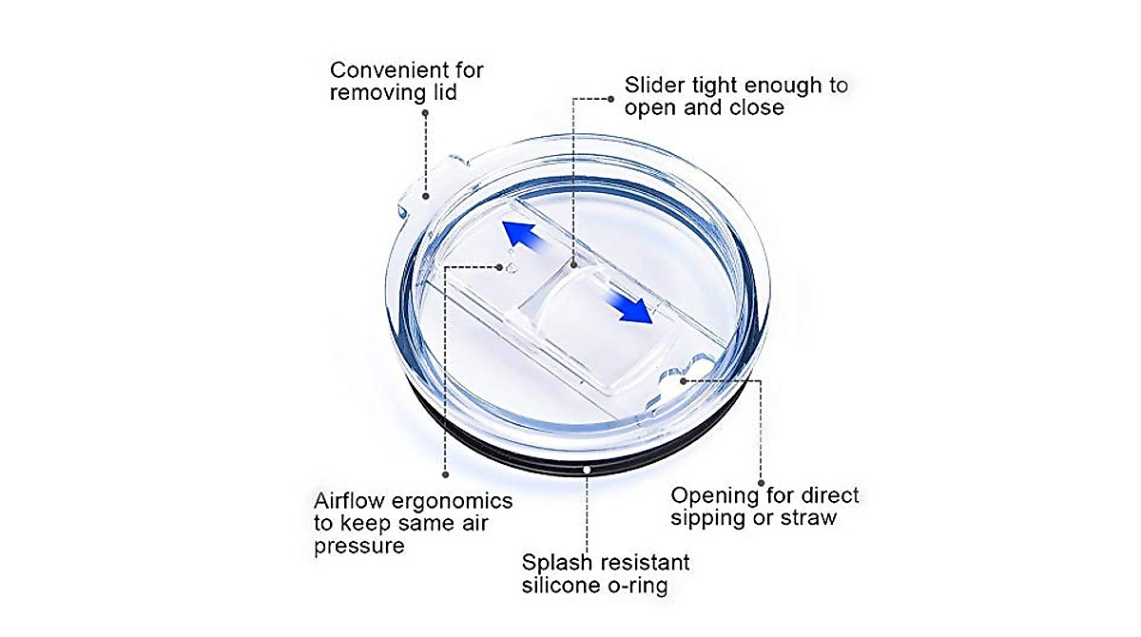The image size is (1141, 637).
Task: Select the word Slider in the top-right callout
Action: pos(654,85)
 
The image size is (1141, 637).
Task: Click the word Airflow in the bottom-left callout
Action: pos(349,501)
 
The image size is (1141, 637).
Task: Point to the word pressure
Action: pos(359,547)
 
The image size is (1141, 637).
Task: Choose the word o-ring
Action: pos(638,585)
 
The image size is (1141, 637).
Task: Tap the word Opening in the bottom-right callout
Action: pos(715,495)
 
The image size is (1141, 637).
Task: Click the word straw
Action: pos(808,518)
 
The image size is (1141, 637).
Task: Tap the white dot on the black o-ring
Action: pos(587,470)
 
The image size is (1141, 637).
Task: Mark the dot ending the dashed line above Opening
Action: pos(761,483)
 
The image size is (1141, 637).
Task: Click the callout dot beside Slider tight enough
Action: pos(611,99)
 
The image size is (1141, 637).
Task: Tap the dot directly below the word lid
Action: pos(425,113)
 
